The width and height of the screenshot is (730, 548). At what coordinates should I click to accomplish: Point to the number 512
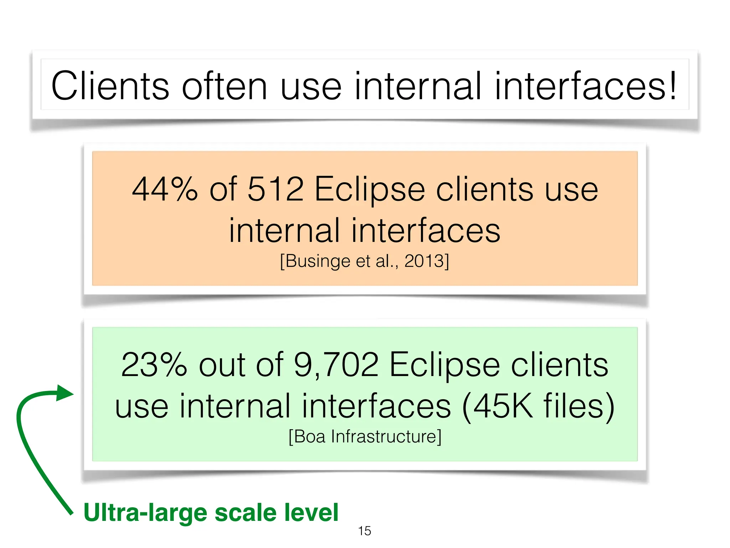(275, 189)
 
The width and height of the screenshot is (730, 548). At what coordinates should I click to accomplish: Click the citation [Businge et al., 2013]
(364, 261)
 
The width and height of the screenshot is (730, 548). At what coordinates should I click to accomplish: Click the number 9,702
(336, 365)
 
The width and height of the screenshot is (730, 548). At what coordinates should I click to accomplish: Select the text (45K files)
(538, 406)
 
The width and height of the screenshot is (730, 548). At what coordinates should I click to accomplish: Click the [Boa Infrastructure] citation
(365, 436)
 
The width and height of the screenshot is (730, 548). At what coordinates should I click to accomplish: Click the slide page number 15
(364, 531)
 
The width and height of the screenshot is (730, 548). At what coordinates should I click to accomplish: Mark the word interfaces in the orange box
(426, 231)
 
